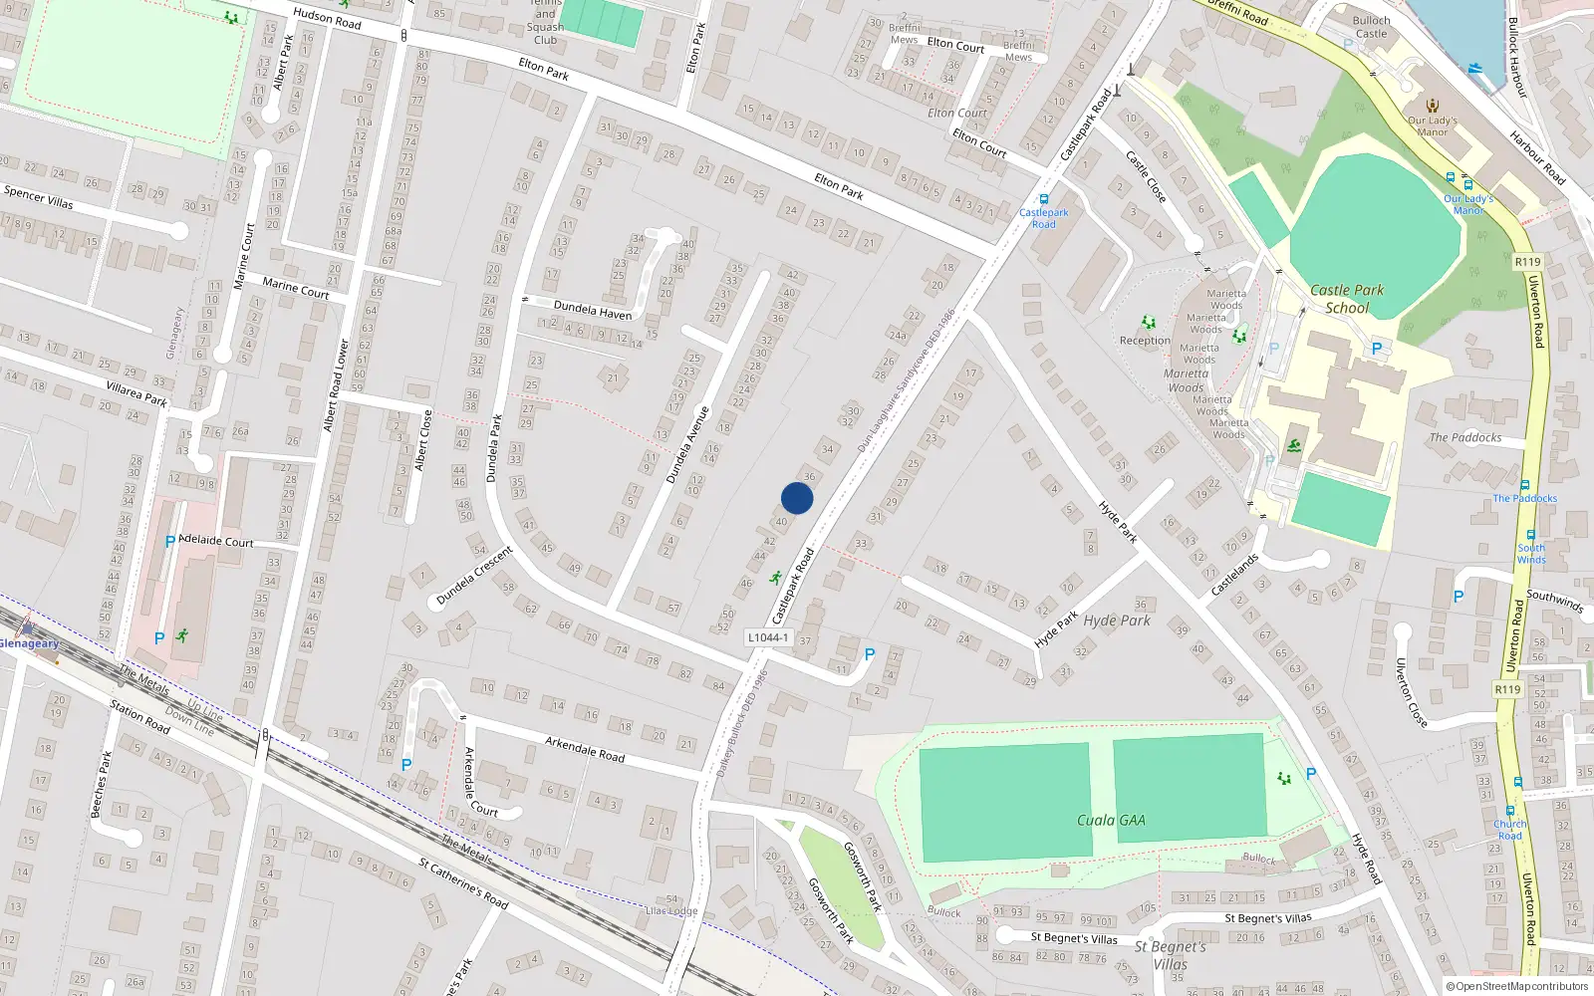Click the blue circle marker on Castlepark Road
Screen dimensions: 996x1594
click(x=797, y=498)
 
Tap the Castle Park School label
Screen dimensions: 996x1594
click(x=1347, y=299)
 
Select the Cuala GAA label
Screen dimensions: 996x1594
click(x=1111, y=821)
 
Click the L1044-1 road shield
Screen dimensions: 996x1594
click(x=768, y=637)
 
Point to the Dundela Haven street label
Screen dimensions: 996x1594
click(x=593, y=311)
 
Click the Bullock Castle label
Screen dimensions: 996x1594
click(x=1371, y=27)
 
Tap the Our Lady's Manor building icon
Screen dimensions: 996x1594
click(x=1433, y=106)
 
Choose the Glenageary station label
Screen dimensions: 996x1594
click(x=30, y=643)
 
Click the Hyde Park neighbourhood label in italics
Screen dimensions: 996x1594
click(x=1117, y=621)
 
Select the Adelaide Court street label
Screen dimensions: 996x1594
click(x=216, y=541)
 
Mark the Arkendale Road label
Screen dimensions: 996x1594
click(x=585, y=749)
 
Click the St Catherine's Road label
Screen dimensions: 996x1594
click(x=463, y=883)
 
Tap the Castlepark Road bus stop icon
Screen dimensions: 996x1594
click(x=1044, y=199)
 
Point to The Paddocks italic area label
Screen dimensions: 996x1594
click(x=1465, y=437)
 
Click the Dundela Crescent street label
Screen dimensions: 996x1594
click(x=474, y=576)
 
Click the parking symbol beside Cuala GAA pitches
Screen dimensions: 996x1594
click(x=1311, y=774)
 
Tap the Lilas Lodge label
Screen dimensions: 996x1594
click(x=671, y=910)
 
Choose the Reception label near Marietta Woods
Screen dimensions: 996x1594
click(x=1145, y=341)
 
